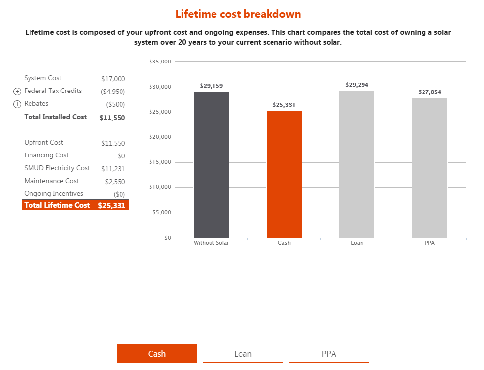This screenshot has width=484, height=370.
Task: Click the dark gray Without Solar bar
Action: click(211, 164)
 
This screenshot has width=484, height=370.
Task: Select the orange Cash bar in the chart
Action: click(284, 174)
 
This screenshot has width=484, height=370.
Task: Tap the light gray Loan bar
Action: click(357, 164)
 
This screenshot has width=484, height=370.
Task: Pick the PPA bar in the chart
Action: click(429, 168)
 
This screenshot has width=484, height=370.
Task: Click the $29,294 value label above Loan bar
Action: click(357, 85)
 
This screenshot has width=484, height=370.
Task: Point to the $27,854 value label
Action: click(429, 92)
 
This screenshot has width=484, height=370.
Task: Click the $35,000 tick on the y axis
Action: click(159, 62)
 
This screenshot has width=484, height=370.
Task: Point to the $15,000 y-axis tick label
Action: click(159, 162)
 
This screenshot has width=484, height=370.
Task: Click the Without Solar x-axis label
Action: click(211, 243)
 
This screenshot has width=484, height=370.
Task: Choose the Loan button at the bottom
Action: click(242, 353)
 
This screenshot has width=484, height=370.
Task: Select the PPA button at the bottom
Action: click(329, 353)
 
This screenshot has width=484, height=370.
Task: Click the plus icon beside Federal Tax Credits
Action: click(17, 91)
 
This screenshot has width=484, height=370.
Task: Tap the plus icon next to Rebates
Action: click(17, 104)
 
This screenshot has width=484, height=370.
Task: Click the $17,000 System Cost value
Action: click(113, 79)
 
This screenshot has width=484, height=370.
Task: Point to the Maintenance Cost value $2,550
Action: click(115, 182)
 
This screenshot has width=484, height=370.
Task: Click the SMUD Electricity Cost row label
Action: click(57, 168)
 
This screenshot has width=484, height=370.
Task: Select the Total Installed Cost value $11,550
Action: click(112, 118)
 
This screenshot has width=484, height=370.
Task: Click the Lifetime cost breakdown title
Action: click(238, 14)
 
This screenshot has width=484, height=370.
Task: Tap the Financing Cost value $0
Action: click(121, 156)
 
